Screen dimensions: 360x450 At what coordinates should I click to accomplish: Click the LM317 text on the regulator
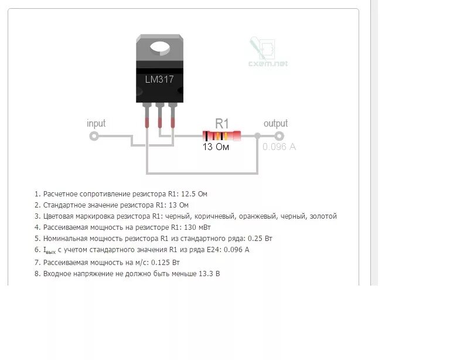click(x=159, y=79)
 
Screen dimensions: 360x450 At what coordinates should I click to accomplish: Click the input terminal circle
click(x=94, y=136)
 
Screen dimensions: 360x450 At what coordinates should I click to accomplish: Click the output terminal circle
click(x=288, y=136)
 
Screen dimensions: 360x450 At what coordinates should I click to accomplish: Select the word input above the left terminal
click(x=96, y=123)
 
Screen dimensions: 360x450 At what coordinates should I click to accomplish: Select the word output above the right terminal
click(x=275, y=123)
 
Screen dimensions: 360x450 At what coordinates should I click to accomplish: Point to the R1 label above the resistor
click(x=221, y=123)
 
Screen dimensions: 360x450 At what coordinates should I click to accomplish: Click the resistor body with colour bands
click(x=221, y=136)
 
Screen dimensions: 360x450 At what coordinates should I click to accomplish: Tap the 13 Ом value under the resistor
click(x=216, y=147)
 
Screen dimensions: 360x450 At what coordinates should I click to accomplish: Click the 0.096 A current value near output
click(x=279, y=147)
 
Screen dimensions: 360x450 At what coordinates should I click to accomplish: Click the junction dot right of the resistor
click(x=258, y=136)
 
